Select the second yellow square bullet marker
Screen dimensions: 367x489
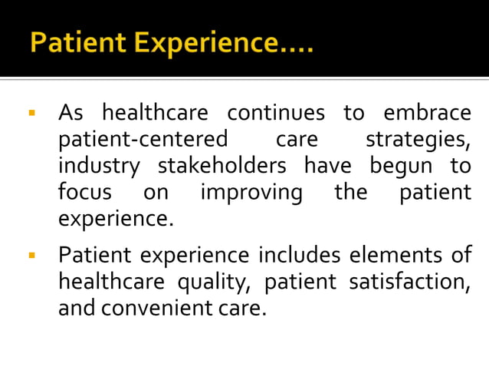[x=31, y=255]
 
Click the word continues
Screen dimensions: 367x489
[x=277, y=114]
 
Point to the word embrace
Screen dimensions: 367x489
[x=428, y=114]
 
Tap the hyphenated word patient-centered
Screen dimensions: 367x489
[x=143, y=141]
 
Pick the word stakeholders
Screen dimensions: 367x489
[x=222, y=166]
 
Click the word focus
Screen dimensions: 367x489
[x=85, y=192]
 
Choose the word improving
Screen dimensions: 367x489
[x=251, y=192]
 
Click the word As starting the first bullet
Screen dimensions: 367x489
[x=71, y=114]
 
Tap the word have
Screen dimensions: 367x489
[x=328, y=166]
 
